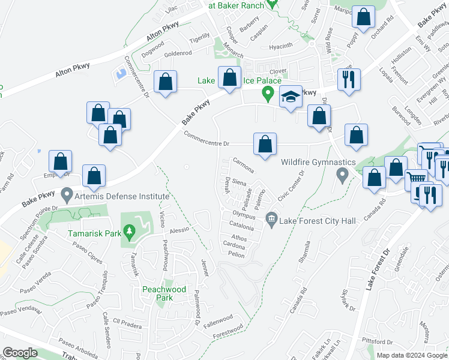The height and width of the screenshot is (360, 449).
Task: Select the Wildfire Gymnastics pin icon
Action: coord(342,176)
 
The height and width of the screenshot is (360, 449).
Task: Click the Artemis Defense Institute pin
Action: coord(67,195)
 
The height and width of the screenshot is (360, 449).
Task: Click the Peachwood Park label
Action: coord(158,293)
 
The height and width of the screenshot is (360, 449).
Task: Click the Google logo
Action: coord(20,353)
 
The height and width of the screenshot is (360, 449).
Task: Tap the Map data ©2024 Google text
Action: coord(411,355)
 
